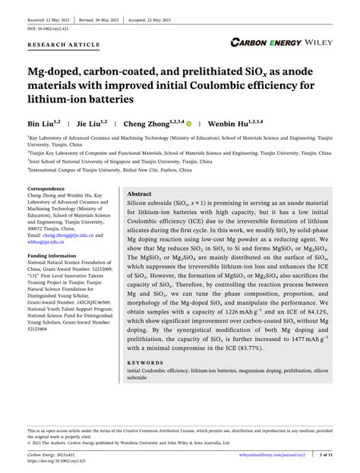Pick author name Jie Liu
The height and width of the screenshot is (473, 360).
coord(101,121)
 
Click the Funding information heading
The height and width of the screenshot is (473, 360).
coord(58,257)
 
